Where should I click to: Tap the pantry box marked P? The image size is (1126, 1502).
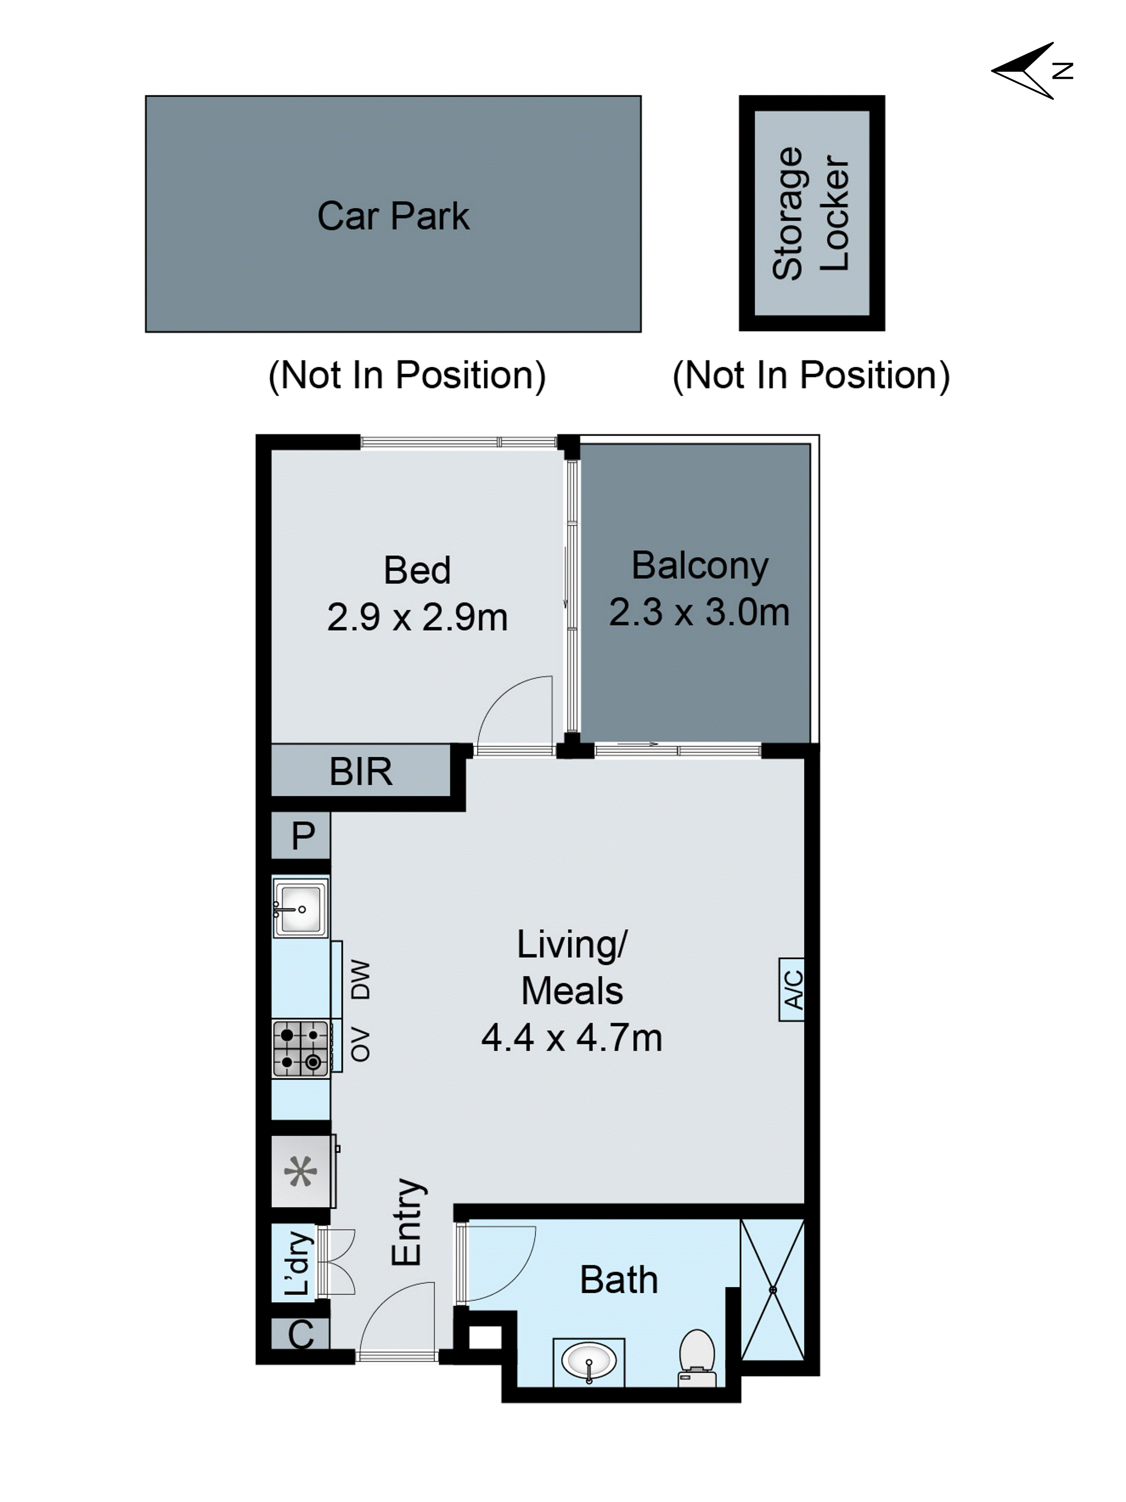[302, 835]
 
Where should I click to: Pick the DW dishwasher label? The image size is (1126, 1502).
[361, 979]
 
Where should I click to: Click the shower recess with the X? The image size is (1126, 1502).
[772, 1289]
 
